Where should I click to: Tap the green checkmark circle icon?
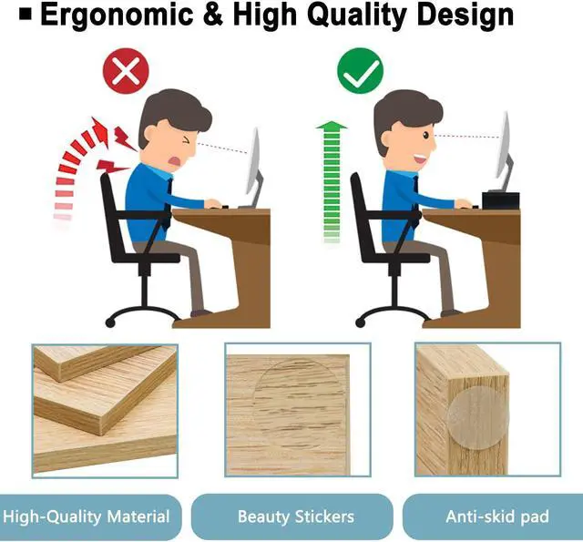[361, 73]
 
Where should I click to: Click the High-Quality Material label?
[87, 516]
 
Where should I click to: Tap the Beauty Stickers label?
[295, 516]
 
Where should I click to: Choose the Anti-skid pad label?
[496, 516]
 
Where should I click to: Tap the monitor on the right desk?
[503, 155]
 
